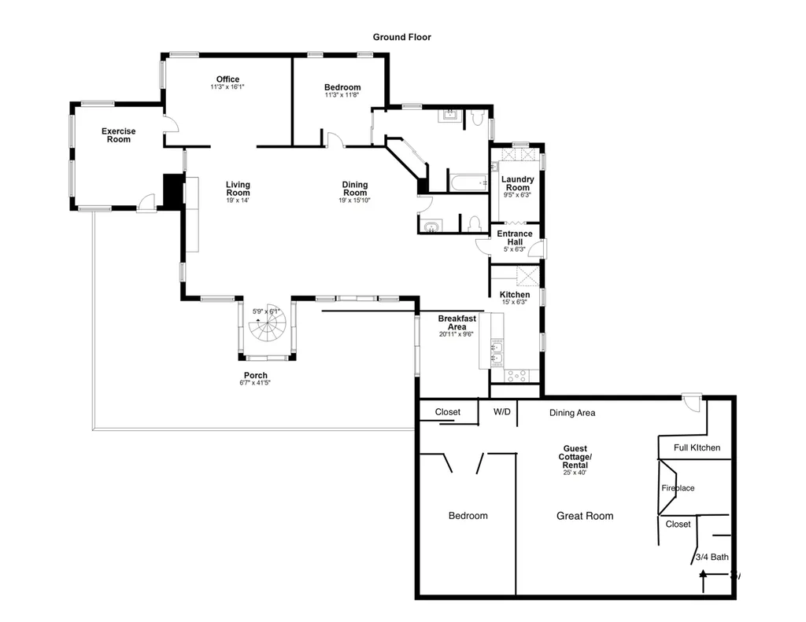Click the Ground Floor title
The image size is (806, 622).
coord(402,37)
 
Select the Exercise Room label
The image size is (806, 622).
coord(118,135)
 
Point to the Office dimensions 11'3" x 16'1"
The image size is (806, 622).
coord(227,86)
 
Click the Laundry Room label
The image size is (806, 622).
coord(518,183)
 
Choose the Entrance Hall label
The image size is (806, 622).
coord(515,237)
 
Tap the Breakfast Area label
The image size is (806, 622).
coord(457,322)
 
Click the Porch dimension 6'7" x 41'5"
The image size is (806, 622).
coord(255,383)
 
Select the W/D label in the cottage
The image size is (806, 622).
coord(501,412)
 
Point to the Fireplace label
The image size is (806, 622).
coord(678,488)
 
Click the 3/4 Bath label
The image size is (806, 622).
coord(712,557)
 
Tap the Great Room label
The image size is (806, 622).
coord(585,516)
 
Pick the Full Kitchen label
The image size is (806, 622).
coord(697,448)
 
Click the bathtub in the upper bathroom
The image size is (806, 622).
coord(468,183)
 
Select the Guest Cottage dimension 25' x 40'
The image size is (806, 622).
coord(575,473)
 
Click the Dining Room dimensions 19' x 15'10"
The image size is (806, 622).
coord(354,201)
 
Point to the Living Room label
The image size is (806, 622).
coord(238,189)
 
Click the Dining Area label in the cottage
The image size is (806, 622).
coord(572,413)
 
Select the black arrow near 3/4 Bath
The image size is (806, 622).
coord(703,581)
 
